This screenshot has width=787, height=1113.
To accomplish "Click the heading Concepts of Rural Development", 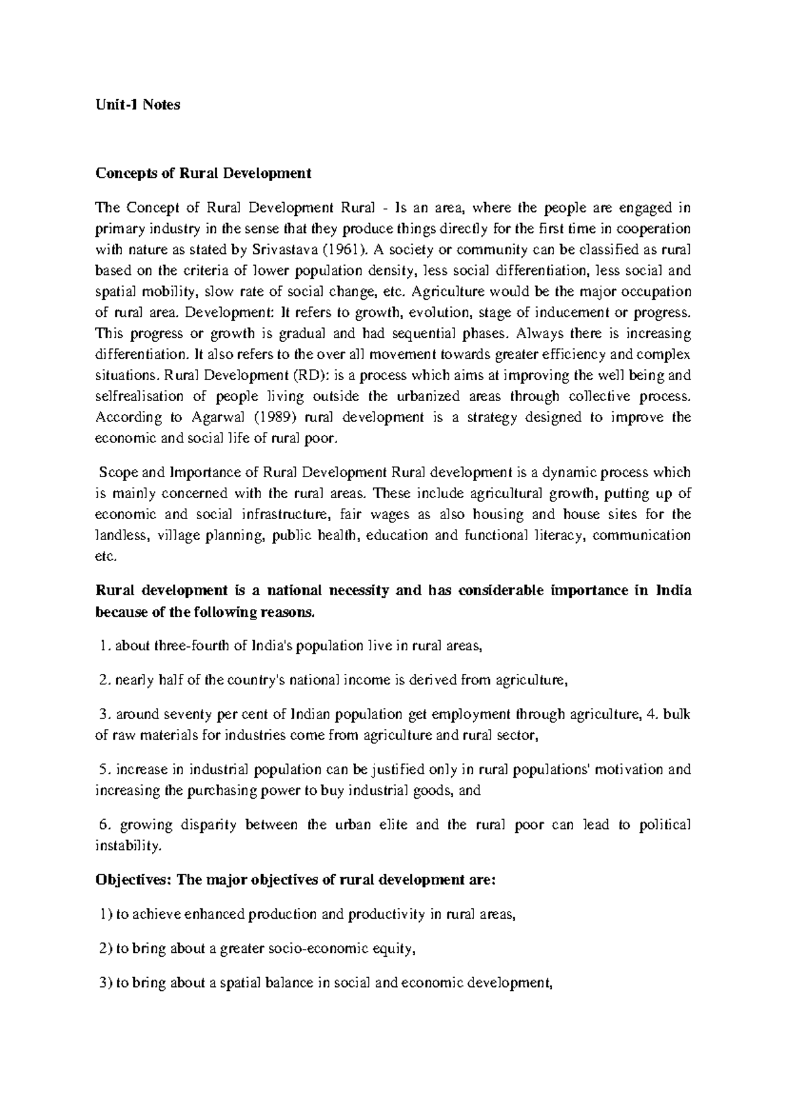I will click(x=203, y=174).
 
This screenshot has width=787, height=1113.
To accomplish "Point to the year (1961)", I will click(x=336, y=250).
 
